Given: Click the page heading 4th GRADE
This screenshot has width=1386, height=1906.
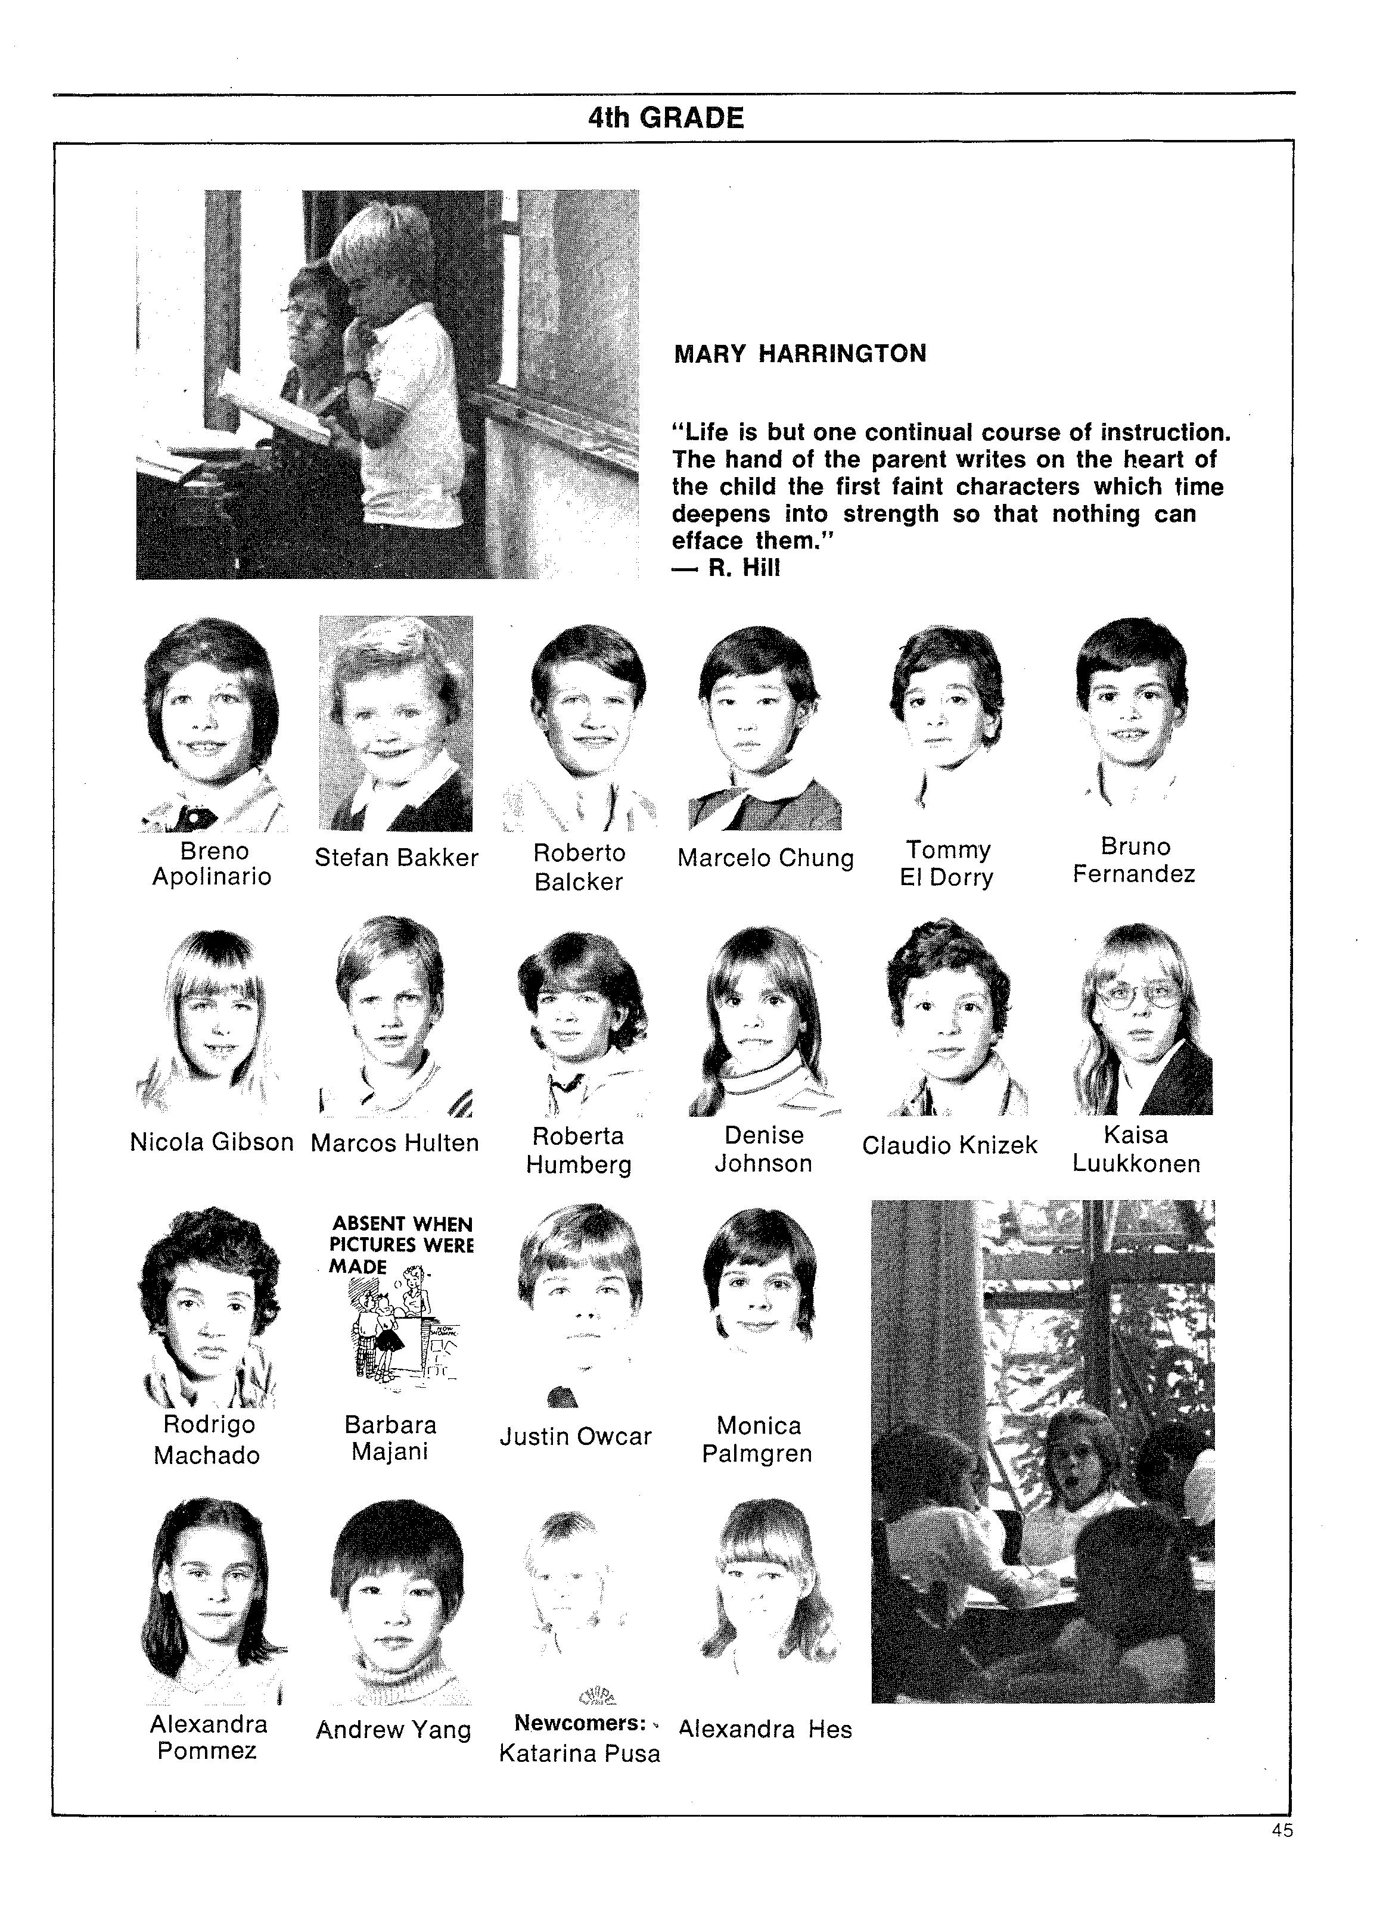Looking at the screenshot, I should pos(666,118).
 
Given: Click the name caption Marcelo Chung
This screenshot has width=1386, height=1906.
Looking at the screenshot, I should pos(765,858).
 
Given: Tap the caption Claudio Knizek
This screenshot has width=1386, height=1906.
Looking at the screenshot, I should pos(949,1145).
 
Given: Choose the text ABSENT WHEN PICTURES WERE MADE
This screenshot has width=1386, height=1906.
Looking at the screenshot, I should pos(401,1245).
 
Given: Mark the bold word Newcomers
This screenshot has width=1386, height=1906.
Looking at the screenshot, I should pos(579,1723).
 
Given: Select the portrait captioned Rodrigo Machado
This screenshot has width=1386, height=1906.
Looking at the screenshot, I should pos(209,1306).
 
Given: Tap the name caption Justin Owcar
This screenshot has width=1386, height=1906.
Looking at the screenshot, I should pos(576,1436).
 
